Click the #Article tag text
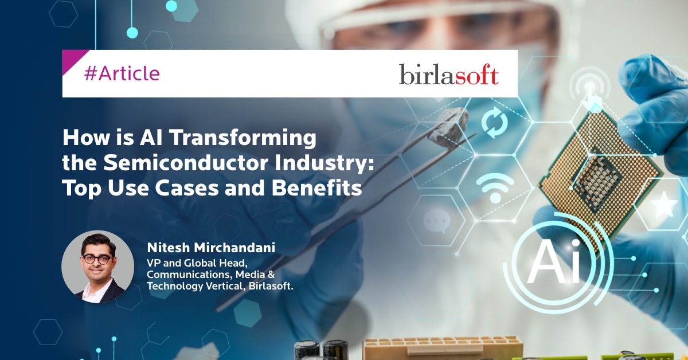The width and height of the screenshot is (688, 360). point(122,74)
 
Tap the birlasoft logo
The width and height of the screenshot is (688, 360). point(449,75)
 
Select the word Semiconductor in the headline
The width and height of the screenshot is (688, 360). point(186,162)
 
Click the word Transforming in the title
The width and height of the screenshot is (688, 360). point(243,138)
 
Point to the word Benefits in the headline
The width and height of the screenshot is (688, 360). point(316,187)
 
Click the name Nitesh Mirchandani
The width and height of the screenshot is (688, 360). point(211,248)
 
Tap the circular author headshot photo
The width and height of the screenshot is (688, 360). point(97,267)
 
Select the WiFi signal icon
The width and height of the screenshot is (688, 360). point(495,187)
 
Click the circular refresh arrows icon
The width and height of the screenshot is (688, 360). point(494,122)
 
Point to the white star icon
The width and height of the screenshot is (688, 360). point(664,204)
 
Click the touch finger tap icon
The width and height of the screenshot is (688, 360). point(590,92)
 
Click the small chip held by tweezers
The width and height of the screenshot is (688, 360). point(449,126)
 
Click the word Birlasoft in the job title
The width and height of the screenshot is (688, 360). point(271,286)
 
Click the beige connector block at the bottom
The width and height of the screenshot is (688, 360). point(442,348)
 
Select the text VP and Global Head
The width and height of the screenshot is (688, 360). point(197,263)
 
